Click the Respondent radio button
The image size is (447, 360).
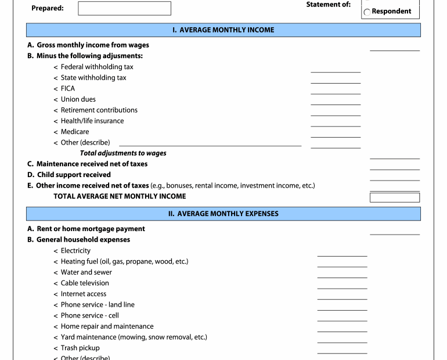point(367,12)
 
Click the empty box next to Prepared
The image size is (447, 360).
point(124,8)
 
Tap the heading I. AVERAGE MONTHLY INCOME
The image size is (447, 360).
point(223,30)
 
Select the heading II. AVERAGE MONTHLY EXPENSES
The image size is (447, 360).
point(223,214)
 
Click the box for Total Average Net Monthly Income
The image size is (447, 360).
point(395,197)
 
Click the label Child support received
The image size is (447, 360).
point(74,174)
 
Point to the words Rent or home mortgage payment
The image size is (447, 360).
point(91,229)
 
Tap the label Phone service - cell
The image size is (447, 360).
point(90,315)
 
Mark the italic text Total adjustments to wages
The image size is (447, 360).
point(123,153)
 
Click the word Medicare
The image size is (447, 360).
point(75,132)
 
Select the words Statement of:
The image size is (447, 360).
point(328,5)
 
